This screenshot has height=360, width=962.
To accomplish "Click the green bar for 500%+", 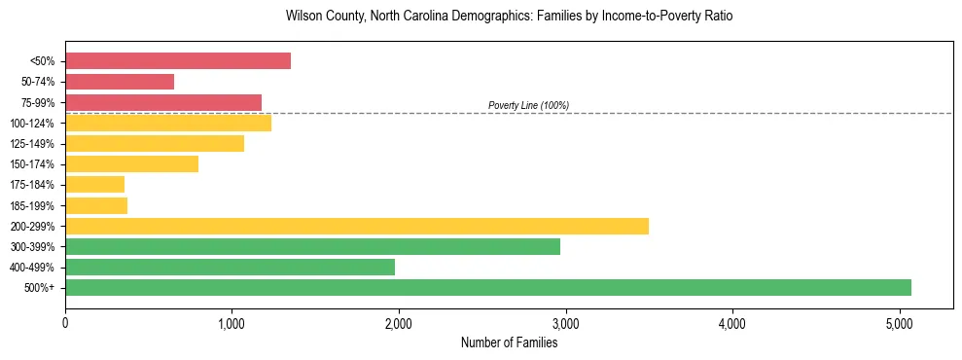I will click(488, 287).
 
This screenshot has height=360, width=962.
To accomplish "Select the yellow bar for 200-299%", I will click(357, 226).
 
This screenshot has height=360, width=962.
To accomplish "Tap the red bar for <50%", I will click(178, 60).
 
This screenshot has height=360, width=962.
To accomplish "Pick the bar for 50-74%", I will click(120, 82).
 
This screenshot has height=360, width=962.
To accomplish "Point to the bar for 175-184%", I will click(95, 184).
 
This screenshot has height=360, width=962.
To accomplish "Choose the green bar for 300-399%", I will click(312, 246).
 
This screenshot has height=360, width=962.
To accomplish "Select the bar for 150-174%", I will click(131, 163).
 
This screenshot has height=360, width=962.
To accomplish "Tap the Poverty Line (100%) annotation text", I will click(528, 105).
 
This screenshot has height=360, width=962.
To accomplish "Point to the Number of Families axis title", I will click(510, 342).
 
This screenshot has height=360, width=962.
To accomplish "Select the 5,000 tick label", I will click(899, 322).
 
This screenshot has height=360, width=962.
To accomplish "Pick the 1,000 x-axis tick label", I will click(232, 322).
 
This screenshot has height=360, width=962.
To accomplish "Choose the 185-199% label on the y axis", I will click(33, 205).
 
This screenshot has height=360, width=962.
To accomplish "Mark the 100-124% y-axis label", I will click(33, 124).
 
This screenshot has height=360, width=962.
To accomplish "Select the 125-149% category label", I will click(33, 144).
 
